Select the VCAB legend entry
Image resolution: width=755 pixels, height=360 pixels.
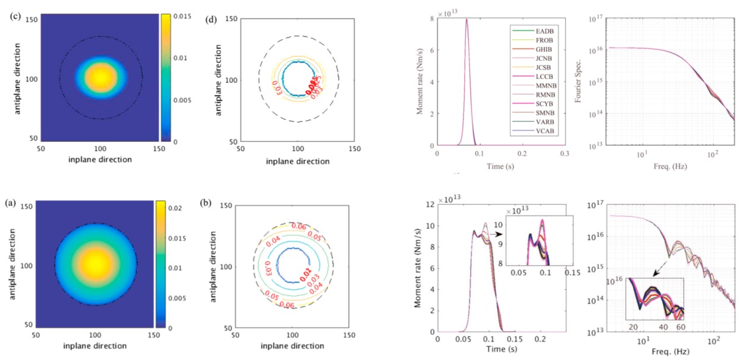coord(542,132)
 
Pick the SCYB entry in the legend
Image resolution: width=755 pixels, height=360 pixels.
coord(542,104)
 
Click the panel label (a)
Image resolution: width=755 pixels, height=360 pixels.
coord(10,202)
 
